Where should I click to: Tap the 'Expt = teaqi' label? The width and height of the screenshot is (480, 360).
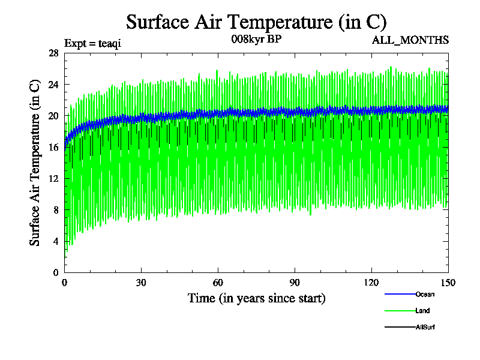92,43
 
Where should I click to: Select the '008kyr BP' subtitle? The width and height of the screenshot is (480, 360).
256,40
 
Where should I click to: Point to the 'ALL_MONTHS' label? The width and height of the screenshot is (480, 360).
411,40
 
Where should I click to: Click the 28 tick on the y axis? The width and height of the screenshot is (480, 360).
53,53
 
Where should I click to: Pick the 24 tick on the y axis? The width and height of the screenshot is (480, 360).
53,84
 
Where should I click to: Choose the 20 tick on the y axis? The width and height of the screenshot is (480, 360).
53,115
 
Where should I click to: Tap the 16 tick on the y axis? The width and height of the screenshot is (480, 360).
53,147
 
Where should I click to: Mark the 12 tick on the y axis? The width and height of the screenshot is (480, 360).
53,178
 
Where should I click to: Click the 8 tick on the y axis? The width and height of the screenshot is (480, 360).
56,209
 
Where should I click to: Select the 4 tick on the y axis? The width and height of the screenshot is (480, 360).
56,241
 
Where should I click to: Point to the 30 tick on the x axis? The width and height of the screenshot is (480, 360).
142,283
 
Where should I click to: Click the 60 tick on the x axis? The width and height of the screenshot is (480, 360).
218,283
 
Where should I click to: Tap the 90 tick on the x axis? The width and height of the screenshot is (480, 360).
295,283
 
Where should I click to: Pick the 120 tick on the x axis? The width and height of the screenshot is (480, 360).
372,283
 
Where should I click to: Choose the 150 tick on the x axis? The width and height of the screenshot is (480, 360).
448,283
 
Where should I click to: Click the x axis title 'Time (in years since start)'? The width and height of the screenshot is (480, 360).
256,298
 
